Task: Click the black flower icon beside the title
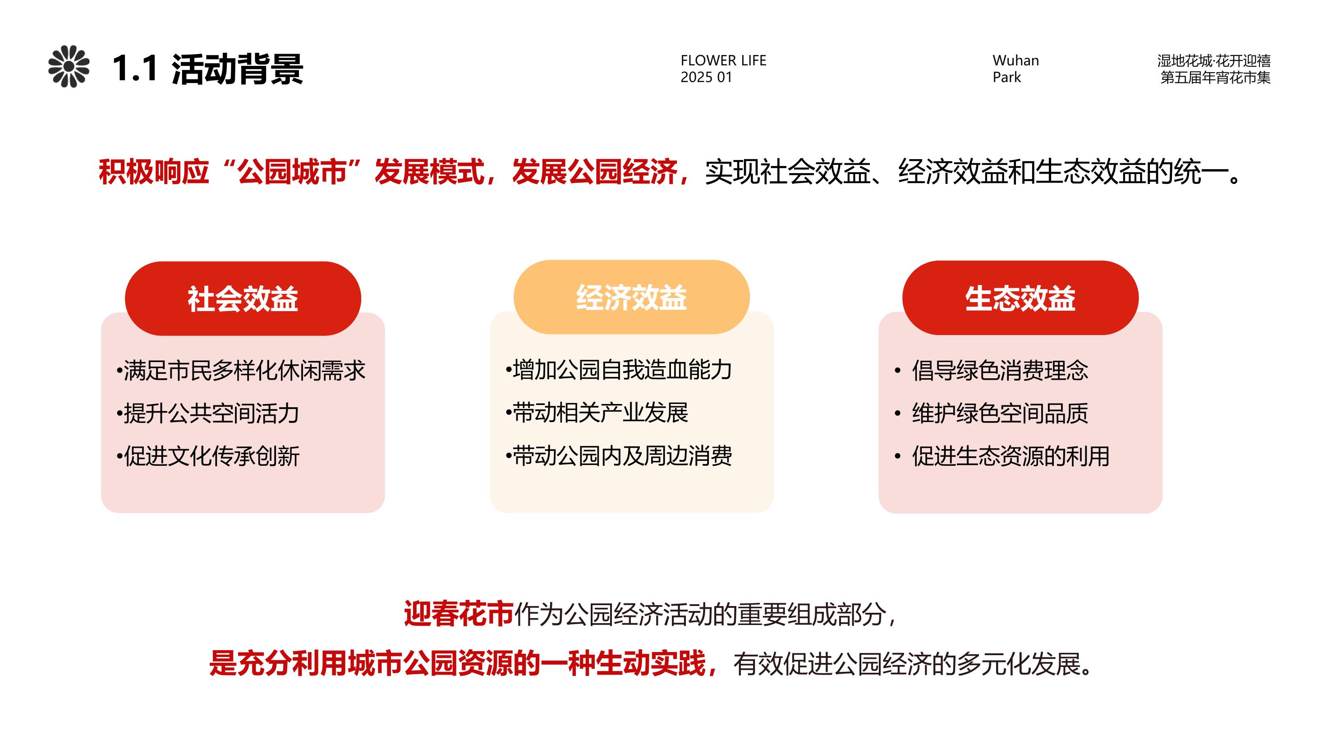tap(69, 67)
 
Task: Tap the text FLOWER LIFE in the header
tap(723, 60)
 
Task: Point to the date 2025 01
tap(706, 77)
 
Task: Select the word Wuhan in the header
tap(1015, 60)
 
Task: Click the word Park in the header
tap(1006, 77)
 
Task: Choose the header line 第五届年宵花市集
tap(1216, 78)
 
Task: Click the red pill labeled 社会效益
tap(243, 299)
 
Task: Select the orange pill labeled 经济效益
tap(632, 297)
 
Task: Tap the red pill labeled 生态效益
tap(1020, 298)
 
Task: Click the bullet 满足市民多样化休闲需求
tap(241, 371)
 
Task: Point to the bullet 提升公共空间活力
tap(208, 413)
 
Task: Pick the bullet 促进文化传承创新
tap(208, 456)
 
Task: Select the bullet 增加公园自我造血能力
tap(619, 370)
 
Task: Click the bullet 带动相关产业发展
tap(597, 412)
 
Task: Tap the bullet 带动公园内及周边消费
tap(619, 455)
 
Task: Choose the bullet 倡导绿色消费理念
tap(991, 370)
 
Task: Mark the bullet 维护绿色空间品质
tap(991, 413)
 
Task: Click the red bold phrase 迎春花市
tap(459, 614)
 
